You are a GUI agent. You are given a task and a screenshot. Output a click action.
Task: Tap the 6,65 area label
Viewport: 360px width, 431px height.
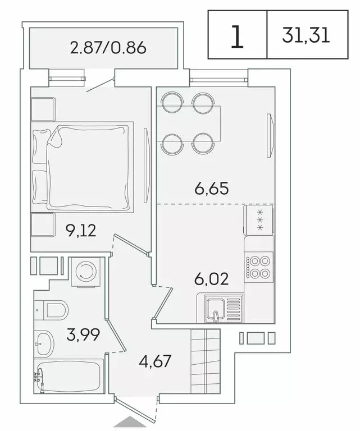click(x=212, y=190)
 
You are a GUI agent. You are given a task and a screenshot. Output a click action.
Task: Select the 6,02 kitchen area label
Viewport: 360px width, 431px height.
click(x=211, y=278)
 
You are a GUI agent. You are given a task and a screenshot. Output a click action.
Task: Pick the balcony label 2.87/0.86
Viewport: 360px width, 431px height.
click(x=108, y=48)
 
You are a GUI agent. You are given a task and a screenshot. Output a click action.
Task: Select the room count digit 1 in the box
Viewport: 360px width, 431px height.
click(x=238, y=35)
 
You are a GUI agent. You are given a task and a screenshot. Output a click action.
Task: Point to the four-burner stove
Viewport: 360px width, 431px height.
click(x=259, y=267)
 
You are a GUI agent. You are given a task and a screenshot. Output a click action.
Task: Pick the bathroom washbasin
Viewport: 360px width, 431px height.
click(x=43, y=340)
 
